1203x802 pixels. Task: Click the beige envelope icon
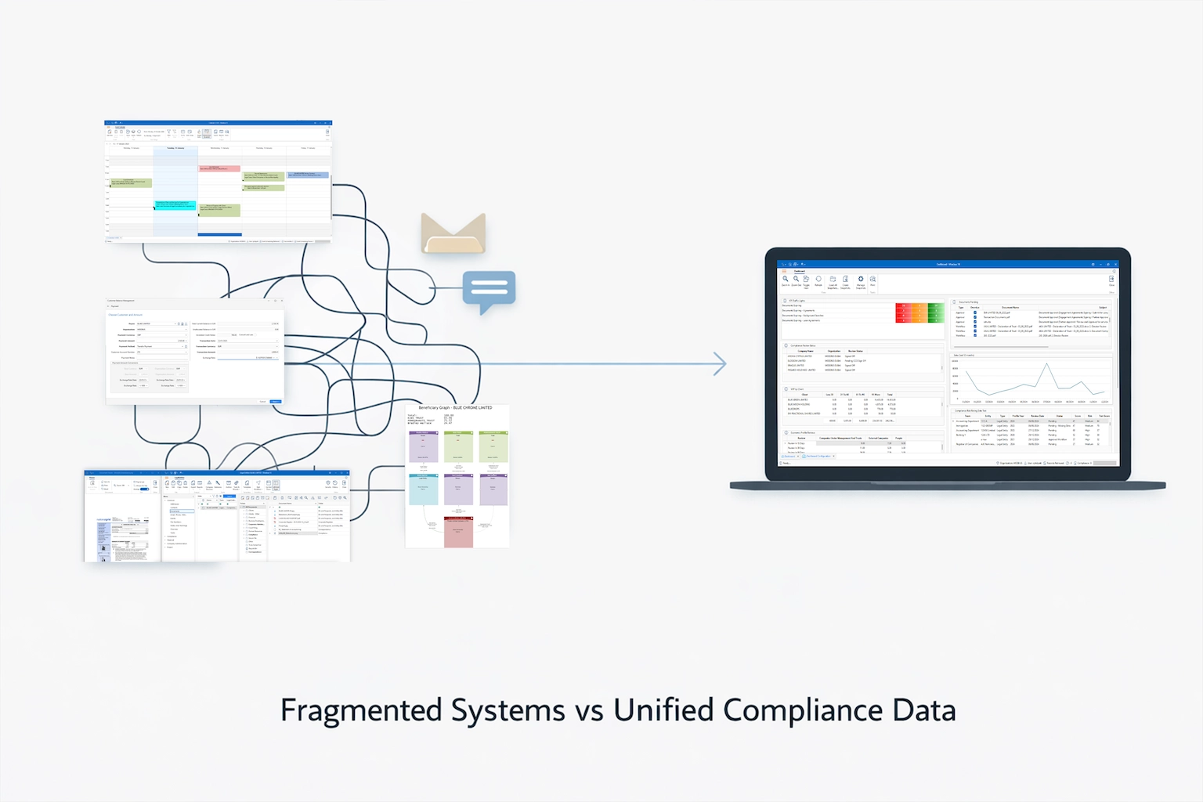[453, 233]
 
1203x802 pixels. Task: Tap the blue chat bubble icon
[489, 290]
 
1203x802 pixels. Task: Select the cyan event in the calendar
[175, 205]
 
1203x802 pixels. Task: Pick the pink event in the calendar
[219, 168]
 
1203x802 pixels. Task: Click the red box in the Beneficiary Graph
[458, 532]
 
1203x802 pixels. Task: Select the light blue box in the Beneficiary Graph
[424, 489]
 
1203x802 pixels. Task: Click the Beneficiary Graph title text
[455, 408]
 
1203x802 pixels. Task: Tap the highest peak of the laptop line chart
[1046, 365]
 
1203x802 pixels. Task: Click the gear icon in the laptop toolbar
[860, 280]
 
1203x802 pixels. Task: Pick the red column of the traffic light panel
[903, 313]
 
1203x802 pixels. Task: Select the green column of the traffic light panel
[936, 313]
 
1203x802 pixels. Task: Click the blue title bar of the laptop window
[948, 264]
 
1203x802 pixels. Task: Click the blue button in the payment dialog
[275, 402]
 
